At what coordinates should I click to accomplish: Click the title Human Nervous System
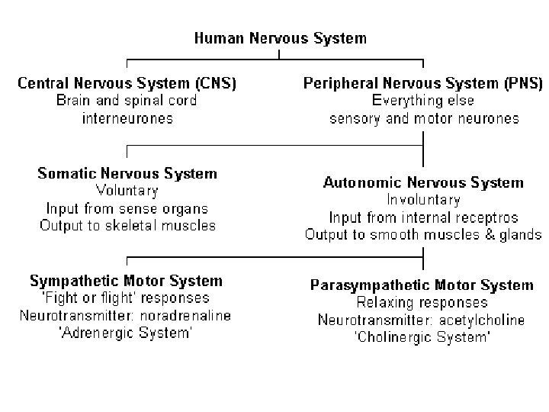[281, 38]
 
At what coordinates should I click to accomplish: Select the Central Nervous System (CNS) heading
[127, 83]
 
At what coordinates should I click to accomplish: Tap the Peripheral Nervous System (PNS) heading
[423, 83]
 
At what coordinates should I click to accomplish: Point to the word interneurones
[127, 118]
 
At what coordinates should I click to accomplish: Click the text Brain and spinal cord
[127, 101]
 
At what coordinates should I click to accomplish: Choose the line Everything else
[423, 101]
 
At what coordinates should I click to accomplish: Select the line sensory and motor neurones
[425, 119]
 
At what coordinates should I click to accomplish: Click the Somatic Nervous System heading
[127, 173]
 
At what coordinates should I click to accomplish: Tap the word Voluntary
[127, 191]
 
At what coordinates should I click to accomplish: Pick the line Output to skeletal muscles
[128, 226]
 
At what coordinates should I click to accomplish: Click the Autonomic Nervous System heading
[423, 182]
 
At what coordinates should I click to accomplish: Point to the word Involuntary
[424, 200]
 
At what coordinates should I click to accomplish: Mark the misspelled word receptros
[484, 218]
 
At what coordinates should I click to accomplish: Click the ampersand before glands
[490, 235]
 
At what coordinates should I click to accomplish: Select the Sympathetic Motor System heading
[126, 282]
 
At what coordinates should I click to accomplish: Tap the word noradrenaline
[185, 316]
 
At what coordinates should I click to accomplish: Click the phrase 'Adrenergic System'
[126, 333]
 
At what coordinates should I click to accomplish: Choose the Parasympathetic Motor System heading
[422, 285]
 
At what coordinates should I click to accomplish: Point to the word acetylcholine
[482, 320]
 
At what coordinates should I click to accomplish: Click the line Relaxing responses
[422, 303]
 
